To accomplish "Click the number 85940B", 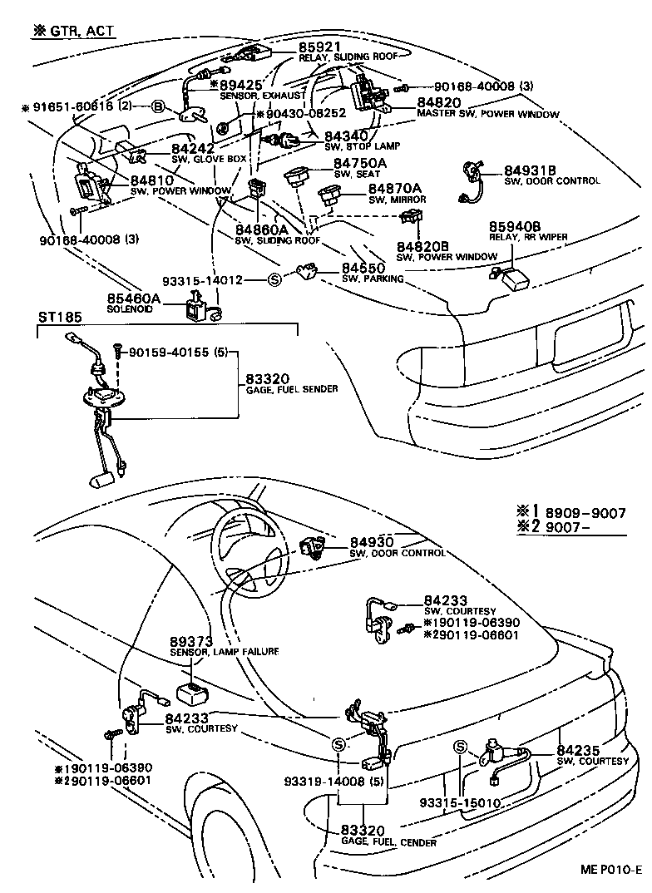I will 515,226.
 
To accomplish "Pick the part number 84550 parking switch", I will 363,269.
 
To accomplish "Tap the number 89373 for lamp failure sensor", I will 191,642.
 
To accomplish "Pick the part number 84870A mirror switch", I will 395,189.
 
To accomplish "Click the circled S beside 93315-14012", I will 274,280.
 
